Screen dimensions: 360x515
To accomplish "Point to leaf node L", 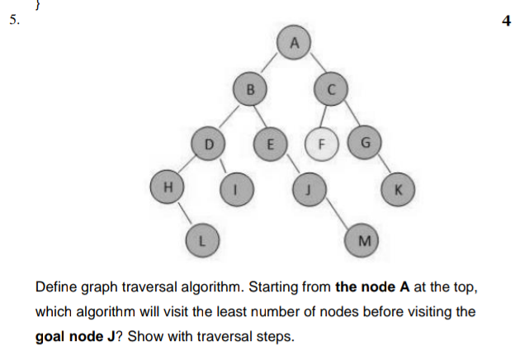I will [201, 240].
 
